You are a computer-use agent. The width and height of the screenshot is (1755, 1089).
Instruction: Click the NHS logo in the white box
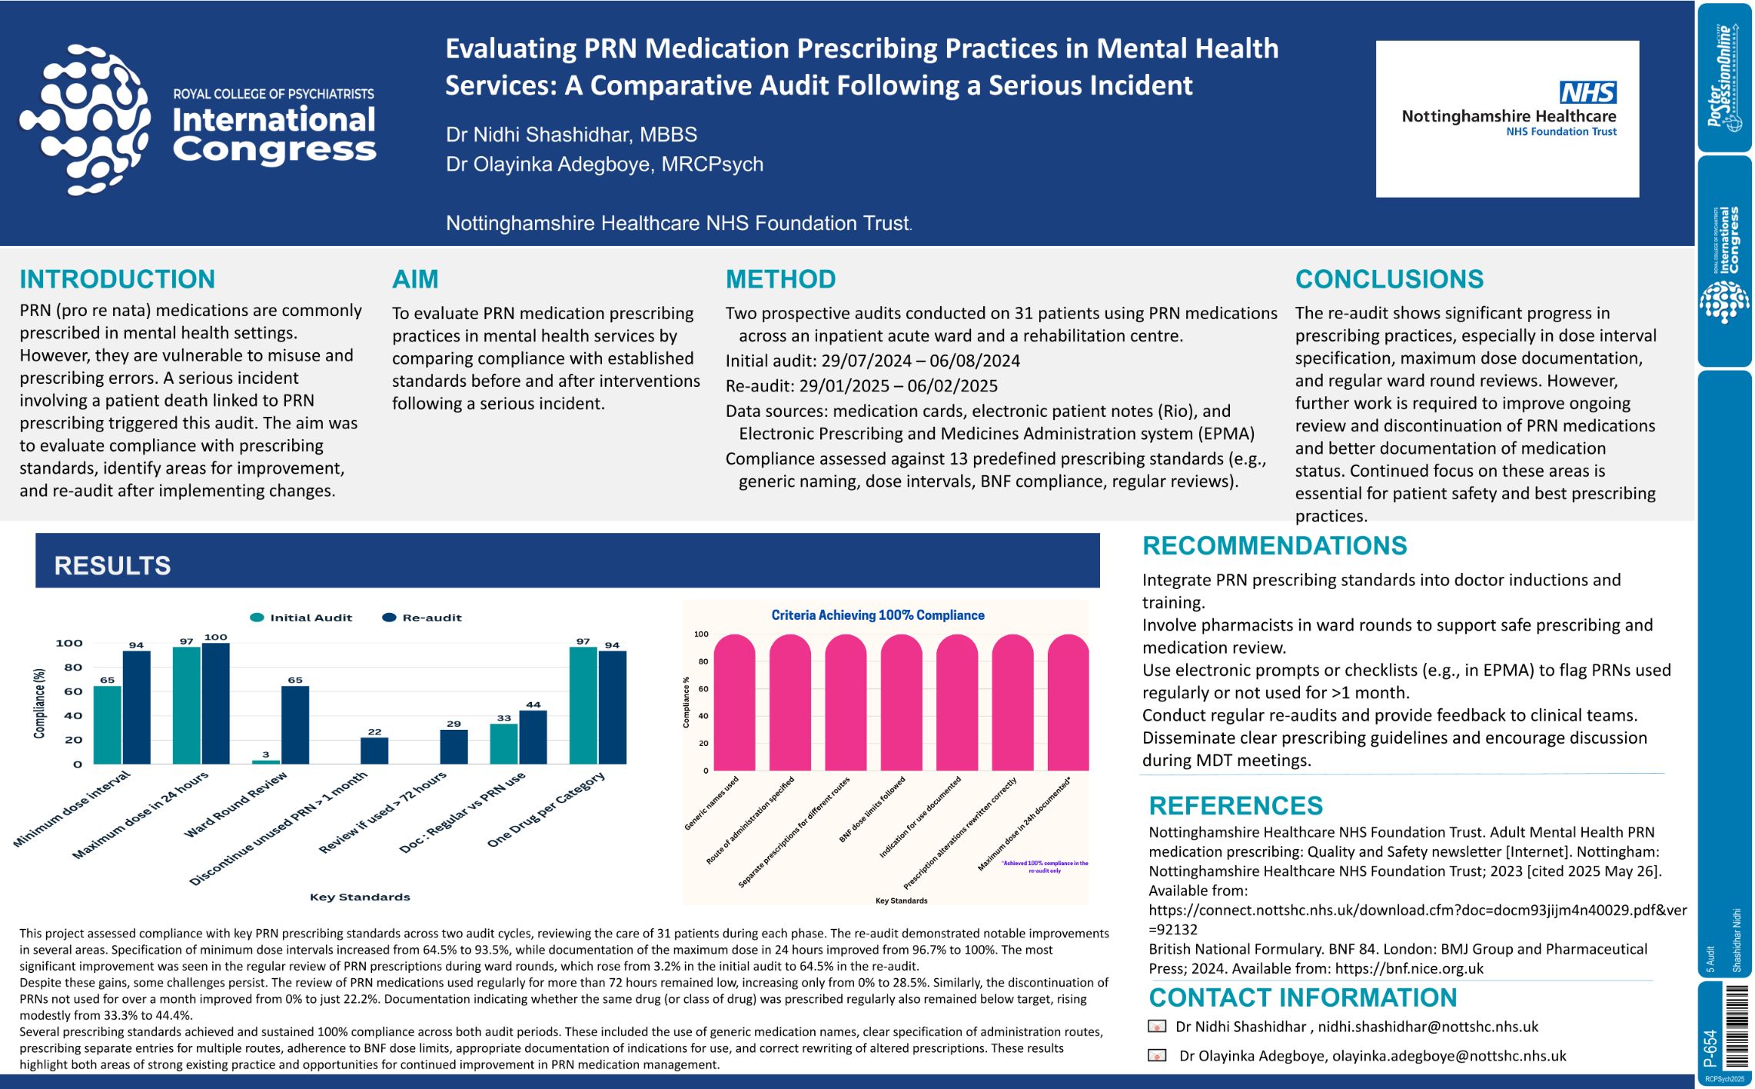click(x=1587, y=93)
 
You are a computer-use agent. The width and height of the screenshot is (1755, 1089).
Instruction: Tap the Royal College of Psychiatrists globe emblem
click(x=85, y=119)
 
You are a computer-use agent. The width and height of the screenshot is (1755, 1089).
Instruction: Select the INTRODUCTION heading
click(x=117, y=279)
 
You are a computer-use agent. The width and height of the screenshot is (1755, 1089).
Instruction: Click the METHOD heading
click(x=780, y=279)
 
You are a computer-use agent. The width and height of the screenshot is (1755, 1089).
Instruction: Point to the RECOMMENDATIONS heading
click(x=1274, y=546)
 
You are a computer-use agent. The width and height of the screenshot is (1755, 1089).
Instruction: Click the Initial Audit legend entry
click(x=301, y=618)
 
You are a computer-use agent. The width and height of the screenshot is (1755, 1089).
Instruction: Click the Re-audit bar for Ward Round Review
click(x=295, y=724)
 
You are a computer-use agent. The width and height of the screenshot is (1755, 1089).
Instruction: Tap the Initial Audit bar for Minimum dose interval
click(x=108, y=724)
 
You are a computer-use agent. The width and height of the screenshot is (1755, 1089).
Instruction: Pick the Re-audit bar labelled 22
click(x=374, y=751)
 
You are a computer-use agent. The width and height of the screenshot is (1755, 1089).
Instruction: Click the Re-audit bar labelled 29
click(x=454, y=747)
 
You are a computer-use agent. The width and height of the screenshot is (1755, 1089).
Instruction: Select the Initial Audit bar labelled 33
click(x=504, y=744)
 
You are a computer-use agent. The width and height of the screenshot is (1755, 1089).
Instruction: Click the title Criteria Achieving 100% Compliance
click(x=877, y=615)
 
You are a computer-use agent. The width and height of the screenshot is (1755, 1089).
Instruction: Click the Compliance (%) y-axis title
click(x=39, y=703)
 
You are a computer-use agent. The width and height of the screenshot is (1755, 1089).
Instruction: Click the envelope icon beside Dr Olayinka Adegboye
click(x=1157, y=1056)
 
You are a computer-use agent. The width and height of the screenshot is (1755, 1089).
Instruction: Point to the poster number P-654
click(x=1711, y=1047)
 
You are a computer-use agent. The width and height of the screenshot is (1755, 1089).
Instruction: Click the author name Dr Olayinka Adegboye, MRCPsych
click(x=604, y=165)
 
